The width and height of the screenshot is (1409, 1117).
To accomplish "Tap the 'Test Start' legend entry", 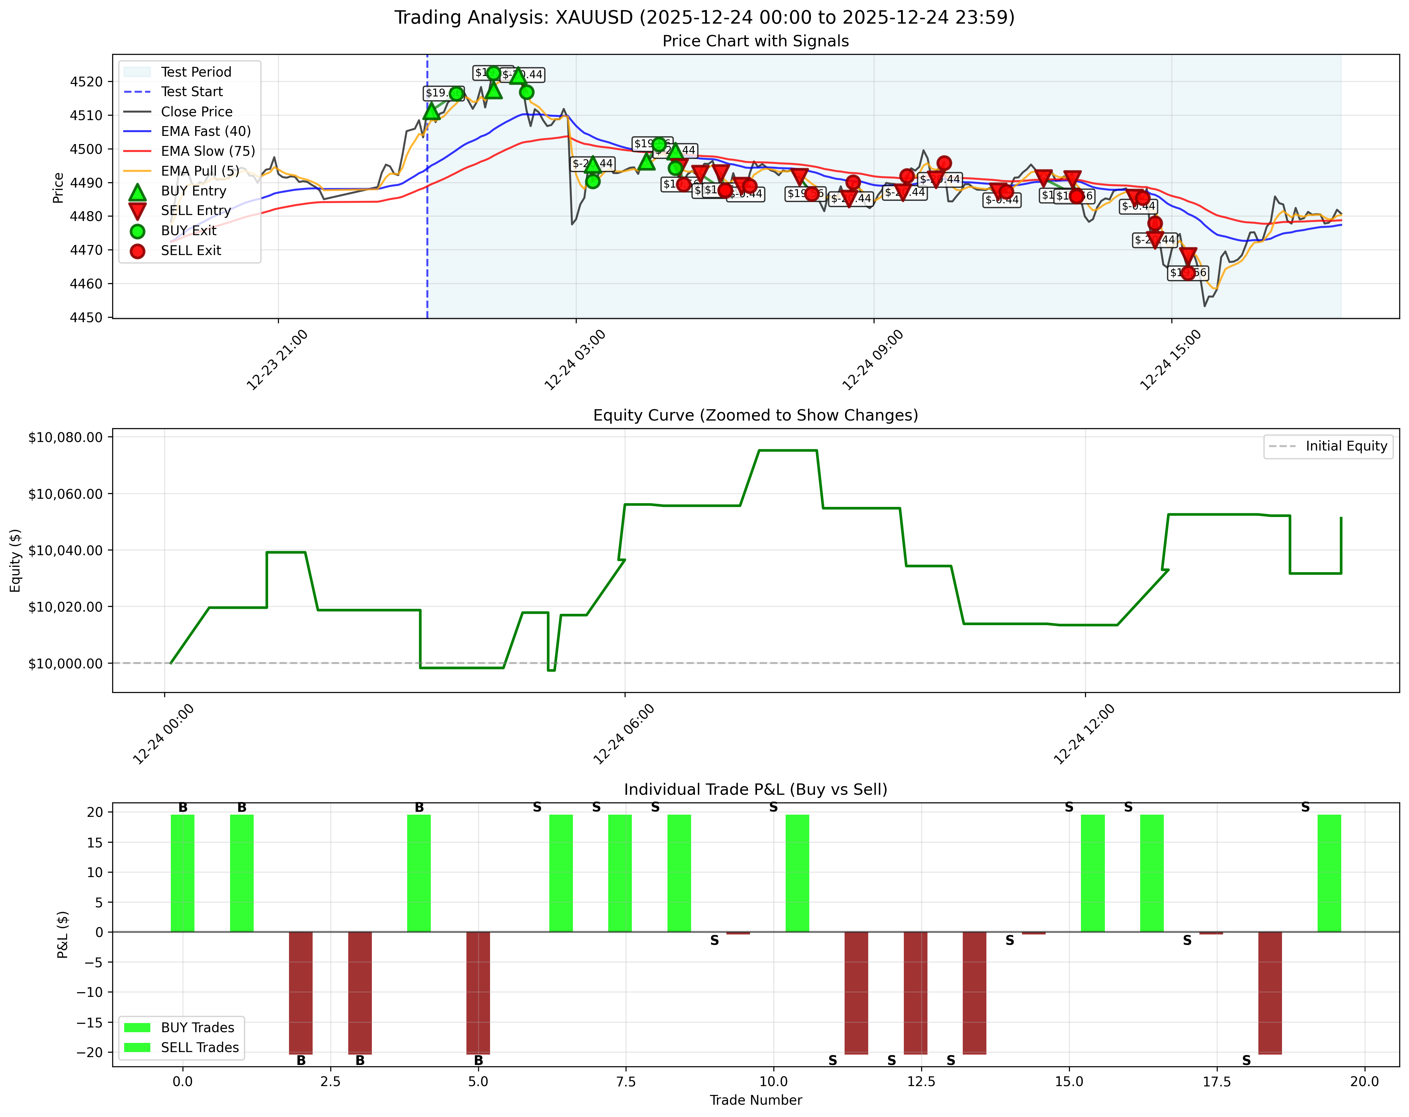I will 192,91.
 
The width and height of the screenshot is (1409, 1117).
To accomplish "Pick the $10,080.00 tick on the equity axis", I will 65,437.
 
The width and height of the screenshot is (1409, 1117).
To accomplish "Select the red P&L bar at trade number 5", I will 478,992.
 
